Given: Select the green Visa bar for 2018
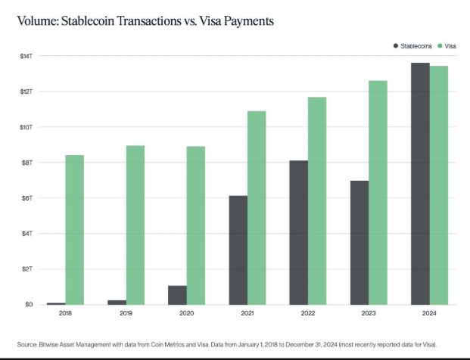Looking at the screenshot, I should [x=75, y=230].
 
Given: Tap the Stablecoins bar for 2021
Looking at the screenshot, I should [x=238, y=250].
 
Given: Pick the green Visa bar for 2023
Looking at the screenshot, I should [x=378, y=193].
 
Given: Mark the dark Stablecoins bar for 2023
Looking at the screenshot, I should [x=360, y=243].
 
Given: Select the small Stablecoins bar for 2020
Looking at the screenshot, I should [x=178, y=295].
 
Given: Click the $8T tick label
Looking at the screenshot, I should [x=26, y=163].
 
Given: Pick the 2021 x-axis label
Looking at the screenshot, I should [x=247, y=312].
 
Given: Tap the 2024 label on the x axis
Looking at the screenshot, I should [x=429, y=312].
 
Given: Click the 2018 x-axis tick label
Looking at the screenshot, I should [x=66, y=312].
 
